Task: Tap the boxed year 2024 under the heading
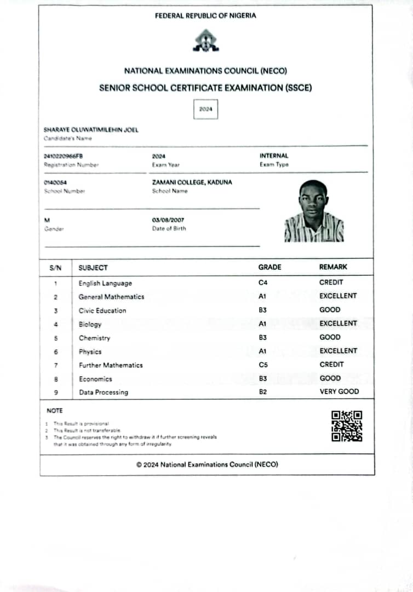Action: (x=205, y=110)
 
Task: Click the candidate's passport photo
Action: (x=314, y=211)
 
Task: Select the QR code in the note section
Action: (x=347, y=426)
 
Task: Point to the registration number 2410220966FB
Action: (x=64, y=156)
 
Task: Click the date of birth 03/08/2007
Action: (x=168, y=220)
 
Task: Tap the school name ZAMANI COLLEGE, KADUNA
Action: (x=192, y=183)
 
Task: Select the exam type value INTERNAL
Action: (x=274, y=156)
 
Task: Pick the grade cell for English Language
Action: (x=262, y=283)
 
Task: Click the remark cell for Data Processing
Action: (x=339, y=391)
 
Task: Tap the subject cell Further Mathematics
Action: (x=111, y=365)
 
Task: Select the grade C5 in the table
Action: (x=263, y=365)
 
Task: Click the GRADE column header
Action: (x=269, y=267)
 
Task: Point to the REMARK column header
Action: (x=333, y=267)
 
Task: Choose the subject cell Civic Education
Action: (x=102, y=310)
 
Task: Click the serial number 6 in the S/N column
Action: (x=56, y=352)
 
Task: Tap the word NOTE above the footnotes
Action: (x=55, y=411)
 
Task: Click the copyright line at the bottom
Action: (x=207, y=464)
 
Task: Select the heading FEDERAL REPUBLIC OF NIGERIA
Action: (x=205, y=16)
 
